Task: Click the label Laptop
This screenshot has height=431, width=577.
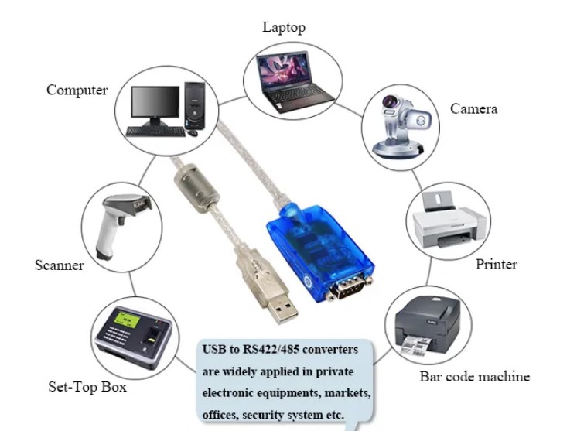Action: tap(283, 27)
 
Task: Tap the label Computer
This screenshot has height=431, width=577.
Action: tap(77, 90)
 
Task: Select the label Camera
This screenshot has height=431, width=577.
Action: tap(473, 109)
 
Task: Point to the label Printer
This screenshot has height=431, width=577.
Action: tap(496, 265)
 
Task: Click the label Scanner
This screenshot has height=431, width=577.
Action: tap(59, 265)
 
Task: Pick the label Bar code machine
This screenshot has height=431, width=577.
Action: tap(474, 377)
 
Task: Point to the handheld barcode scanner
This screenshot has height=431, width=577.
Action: tap(125, 224)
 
